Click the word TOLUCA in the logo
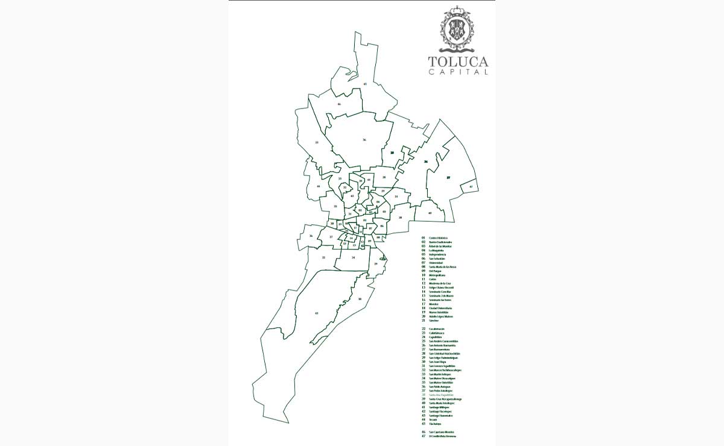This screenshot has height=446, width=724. tap(458, 61)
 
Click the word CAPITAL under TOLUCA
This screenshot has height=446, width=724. tap(458, 72)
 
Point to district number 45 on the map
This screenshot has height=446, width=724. tap(365, 83)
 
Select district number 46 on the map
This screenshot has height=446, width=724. tap(339, 104)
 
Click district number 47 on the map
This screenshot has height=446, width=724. tap(471, 187)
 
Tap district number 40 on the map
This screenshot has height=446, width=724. tap(430, 213)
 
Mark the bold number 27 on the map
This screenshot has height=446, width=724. tap(448, 178)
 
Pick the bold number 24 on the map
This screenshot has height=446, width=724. tap(426, 162)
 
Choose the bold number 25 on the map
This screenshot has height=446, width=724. tap(392, 153)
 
